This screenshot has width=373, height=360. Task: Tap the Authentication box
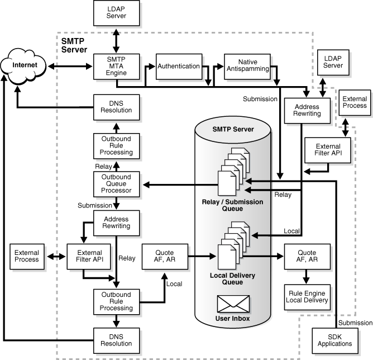tap(178, 66)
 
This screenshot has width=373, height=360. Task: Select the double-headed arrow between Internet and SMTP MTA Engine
tap(70, 67)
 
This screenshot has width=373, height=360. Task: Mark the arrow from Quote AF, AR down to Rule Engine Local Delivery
tap(306, 274)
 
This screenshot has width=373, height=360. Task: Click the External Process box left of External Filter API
tap(27, 256)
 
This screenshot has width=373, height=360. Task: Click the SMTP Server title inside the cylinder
tap(233, 129)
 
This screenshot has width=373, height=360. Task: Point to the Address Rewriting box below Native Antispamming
tap(306, 110)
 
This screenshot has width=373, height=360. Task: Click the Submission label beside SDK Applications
tap(356, 323)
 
